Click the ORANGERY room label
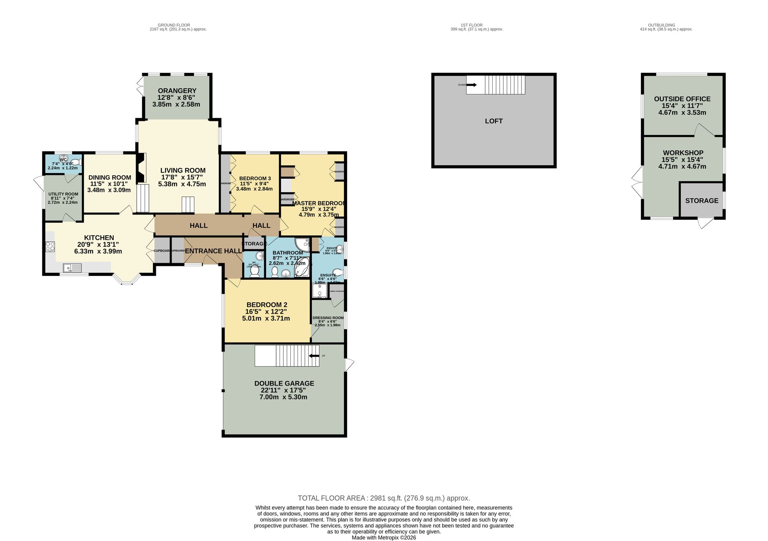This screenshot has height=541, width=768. [177, 91]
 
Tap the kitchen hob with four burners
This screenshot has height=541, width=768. [50, 246]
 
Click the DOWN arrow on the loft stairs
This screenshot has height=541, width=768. [472, 85]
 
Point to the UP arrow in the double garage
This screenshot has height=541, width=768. [314, 356]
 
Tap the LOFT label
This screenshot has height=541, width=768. [493, 121]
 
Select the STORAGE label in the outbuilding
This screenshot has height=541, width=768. [702, 201]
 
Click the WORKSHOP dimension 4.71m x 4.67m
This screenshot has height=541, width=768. [682, 167]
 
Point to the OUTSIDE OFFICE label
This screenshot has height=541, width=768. [682, 99]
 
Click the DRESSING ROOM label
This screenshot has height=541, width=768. [328, 318]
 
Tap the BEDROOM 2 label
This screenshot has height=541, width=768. [266, 305]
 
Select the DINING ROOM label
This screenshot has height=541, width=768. [110, 178]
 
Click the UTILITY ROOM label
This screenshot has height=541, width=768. [63, 194]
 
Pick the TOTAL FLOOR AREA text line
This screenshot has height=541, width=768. [384, 498]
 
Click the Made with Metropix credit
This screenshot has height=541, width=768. [384, 538]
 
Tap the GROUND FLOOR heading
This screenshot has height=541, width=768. [174, 25]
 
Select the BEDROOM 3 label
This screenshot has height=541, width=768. [255, 178]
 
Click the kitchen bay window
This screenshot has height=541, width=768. [126, 280]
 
